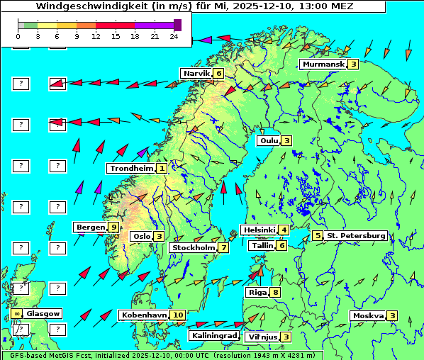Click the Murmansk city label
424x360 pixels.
[323, 64]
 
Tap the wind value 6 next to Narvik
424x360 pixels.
[219, 73]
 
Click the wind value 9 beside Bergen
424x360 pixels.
[114, 227]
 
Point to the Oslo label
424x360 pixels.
[142, 237]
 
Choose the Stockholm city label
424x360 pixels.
[194, 248]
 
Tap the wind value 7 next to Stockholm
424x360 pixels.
[223, 248]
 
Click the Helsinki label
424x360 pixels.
[259, 230]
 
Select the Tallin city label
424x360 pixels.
[262, 246]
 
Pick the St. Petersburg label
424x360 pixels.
[356, 235]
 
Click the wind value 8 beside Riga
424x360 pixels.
[275, 292]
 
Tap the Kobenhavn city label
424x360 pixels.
[144, 315]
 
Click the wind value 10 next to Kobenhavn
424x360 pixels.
[178, 315]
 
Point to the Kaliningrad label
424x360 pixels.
[213, 336]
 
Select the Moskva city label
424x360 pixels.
[368, 315]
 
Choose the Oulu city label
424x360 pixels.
[268, 140]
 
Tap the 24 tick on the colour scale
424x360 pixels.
[174, 35]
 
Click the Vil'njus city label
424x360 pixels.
[261, 337]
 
